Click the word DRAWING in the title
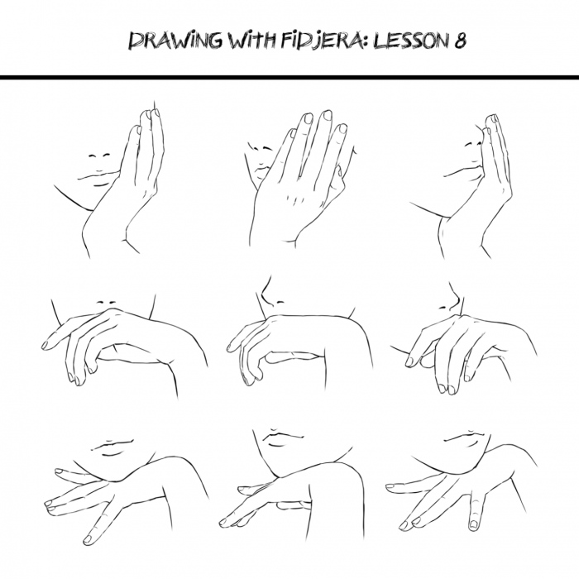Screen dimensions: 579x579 point(175,41)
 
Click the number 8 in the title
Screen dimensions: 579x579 point(459,40)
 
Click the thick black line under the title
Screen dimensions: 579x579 point(289,77)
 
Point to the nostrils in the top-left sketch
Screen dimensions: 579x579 point(98,155)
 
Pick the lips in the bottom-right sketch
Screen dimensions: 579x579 point(468,439)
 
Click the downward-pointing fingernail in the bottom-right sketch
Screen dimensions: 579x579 point(473,524)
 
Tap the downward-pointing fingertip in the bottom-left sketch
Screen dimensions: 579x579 point(88,539)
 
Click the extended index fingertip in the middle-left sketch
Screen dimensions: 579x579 point(46,345)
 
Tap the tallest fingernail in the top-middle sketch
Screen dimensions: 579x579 point(327,115)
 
